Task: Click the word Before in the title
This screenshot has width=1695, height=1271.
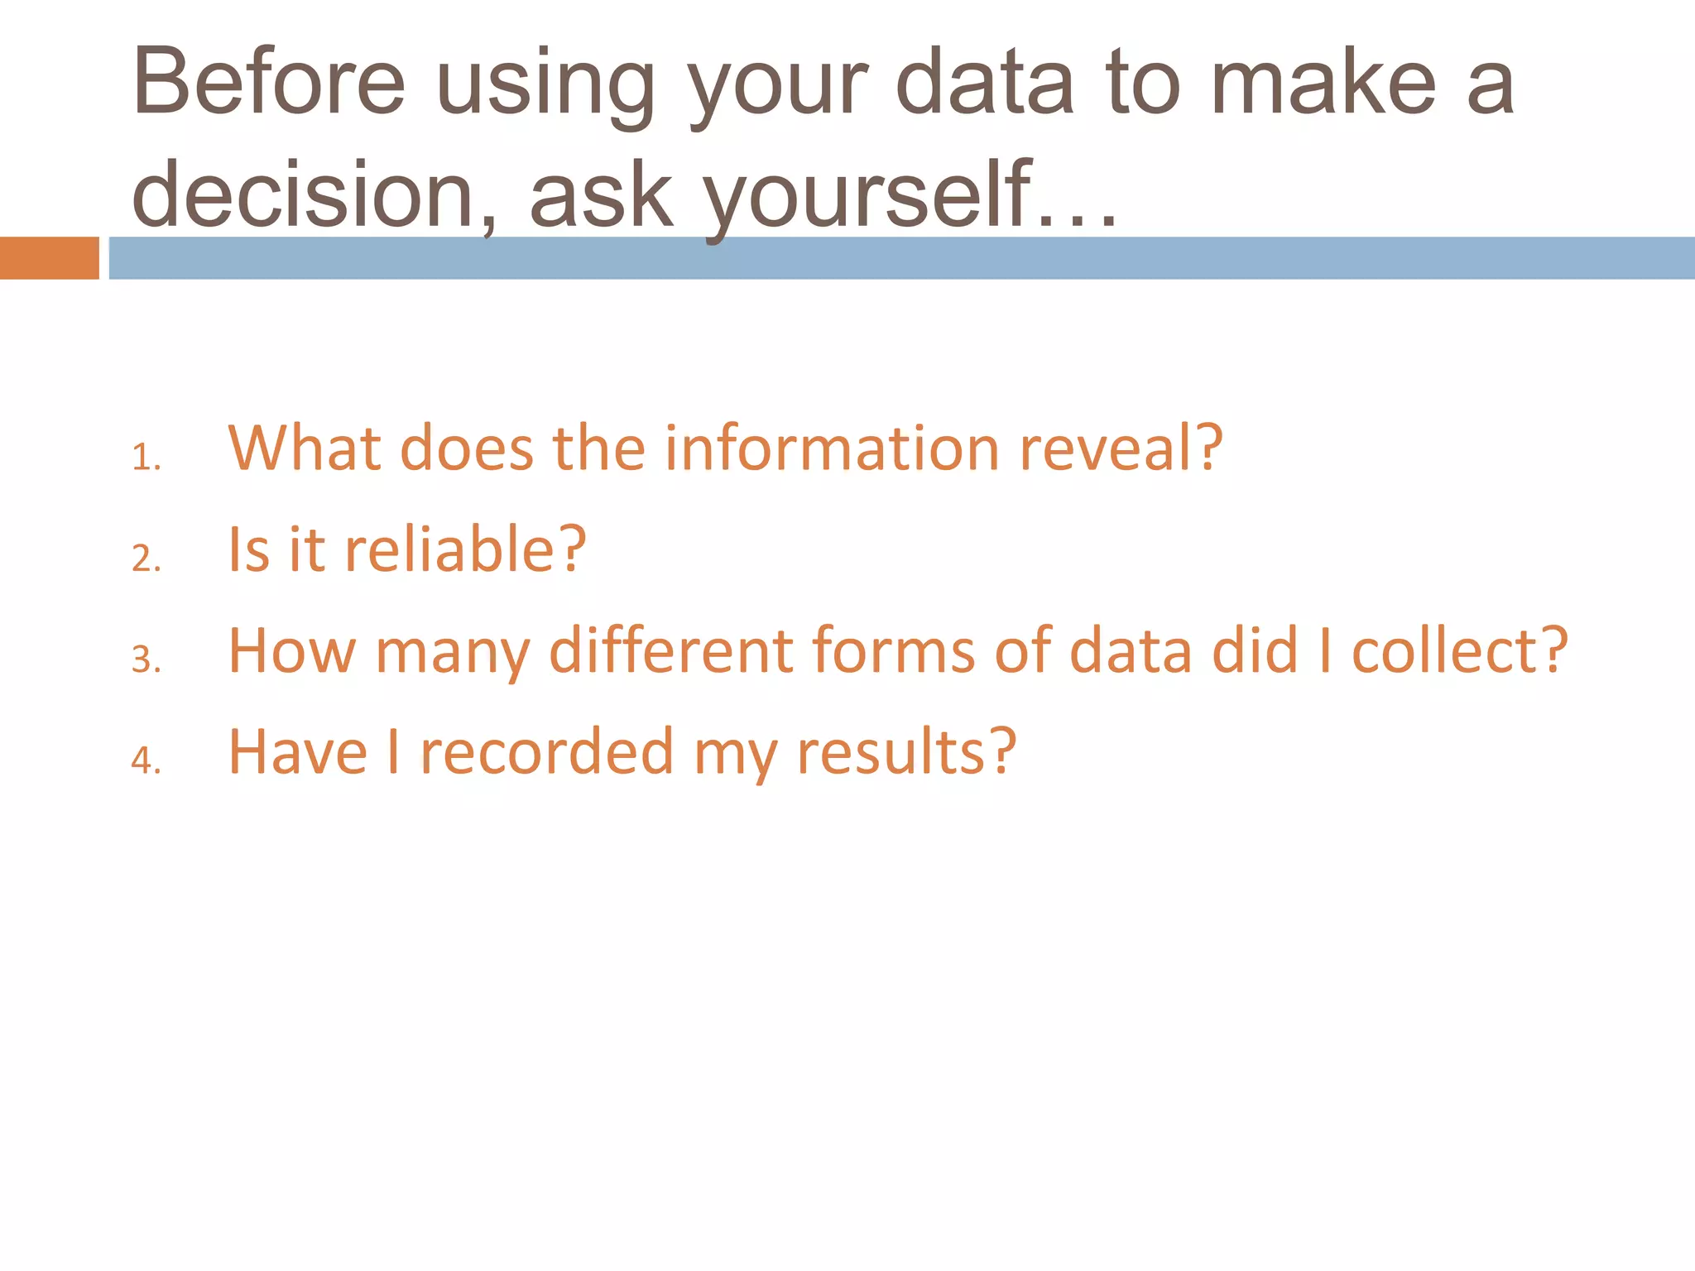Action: coord(269,83)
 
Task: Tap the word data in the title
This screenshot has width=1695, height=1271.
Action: coord(984,83)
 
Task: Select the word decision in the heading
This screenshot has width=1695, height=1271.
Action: coord(303,194)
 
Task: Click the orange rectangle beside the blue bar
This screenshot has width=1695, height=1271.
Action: coord(49,258)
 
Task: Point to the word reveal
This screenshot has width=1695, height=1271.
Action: coord(1120,448)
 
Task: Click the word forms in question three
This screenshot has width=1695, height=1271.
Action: coord(894,650)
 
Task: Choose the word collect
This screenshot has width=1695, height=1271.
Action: coord(1459,650)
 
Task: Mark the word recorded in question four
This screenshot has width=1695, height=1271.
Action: coord(547,752)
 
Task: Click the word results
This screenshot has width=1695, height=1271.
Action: coord(905,752)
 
